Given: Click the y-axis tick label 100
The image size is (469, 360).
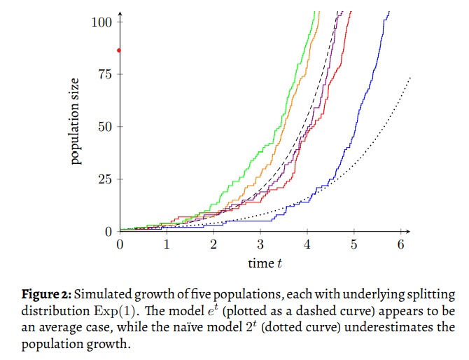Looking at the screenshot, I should [x=102, y=22].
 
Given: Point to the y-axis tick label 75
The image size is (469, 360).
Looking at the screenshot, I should [x=105, y=74].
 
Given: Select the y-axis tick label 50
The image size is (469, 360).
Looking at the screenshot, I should [x=105, y=127].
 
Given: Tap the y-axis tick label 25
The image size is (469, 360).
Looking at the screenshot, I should [x=105, y=179].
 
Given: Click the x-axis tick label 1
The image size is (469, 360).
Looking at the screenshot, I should [x=167, y=244].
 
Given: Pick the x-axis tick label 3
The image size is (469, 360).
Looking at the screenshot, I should [x=260, y=244].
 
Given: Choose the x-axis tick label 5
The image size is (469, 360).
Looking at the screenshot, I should [x=354, y=244].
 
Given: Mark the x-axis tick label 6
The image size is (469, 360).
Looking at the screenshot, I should [x=401, y=244].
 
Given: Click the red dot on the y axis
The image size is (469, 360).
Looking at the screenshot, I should [x=120, y=50].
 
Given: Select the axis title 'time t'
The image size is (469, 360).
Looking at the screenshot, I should [x=265, y=263].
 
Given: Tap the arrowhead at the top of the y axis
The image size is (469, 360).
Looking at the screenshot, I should [x=120, y=14].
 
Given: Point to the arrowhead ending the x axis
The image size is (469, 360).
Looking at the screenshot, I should [x=408, y=232].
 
